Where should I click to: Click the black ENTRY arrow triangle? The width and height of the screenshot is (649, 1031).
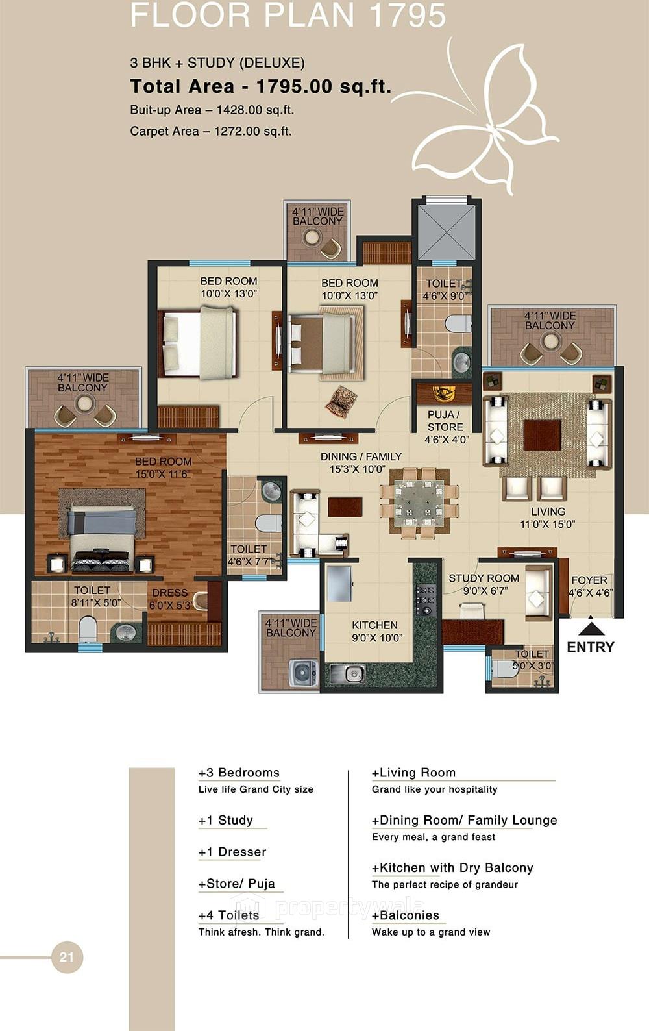(x=591, y=628)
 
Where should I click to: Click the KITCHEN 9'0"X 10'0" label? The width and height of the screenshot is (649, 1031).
(x=374, y=631)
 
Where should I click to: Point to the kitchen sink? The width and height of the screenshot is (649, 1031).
(x=347, y=673)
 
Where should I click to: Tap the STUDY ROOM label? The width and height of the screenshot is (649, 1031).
(x=484, y=584)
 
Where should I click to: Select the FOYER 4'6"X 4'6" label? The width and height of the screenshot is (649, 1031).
(x=589, y=586)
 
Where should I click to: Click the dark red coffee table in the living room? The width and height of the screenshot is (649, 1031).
(x=542, y=434)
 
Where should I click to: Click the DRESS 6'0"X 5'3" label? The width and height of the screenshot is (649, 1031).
(x=170, y=599)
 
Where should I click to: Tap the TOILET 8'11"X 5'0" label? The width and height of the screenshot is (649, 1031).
(x=92, y=596)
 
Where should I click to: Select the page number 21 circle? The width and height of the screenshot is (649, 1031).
(x=67, y=957)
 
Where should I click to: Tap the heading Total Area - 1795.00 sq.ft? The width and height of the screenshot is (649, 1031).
(x=260, y=86)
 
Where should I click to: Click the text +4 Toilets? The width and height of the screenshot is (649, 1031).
(x=228, y=915)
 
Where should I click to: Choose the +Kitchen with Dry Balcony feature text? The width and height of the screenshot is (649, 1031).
(x=452, y=868)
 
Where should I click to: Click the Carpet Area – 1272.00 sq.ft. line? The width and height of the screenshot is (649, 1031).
(x=210, y=131)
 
